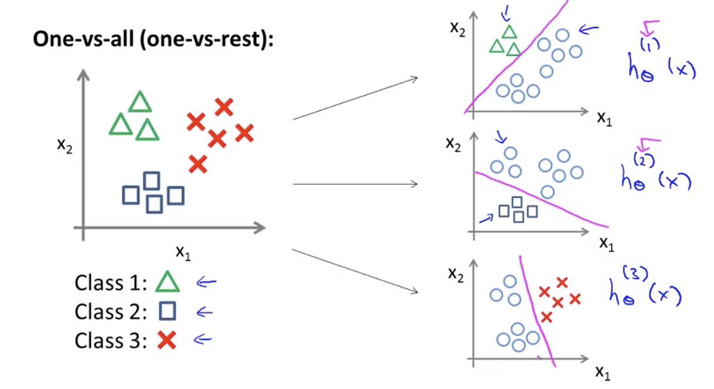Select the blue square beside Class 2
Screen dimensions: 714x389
pos(167,310)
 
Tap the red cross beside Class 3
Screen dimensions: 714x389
pos(167,340)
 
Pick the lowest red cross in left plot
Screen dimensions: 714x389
pos(198,164)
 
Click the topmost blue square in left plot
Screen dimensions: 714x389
pos(152,181)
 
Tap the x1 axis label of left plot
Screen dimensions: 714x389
pos(184,253)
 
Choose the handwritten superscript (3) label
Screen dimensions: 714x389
pos(635,273)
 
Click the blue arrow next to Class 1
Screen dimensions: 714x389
pos(206,282)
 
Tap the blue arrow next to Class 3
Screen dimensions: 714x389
pos(202,339)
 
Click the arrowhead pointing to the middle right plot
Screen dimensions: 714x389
pos(414,184)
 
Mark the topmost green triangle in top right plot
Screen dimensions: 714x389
pos(509,32)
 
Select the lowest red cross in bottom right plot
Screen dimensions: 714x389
pos(546,317)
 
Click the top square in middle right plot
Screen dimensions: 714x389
pos(517,202)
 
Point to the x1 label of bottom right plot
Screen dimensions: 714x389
pos(603,373)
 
